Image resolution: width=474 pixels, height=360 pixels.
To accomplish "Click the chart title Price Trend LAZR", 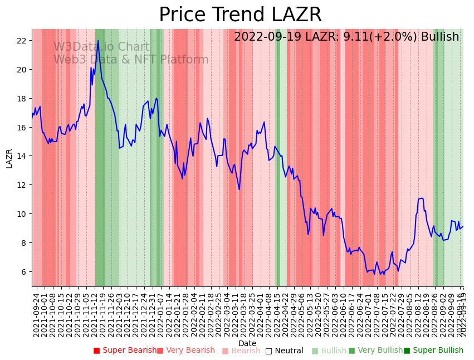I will click(x=240, y=15).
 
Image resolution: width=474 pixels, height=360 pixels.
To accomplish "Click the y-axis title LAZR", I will click(x=9, y=158).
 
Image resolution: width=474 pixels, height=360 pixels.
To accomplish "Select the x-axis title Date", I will click(x=247, y=343).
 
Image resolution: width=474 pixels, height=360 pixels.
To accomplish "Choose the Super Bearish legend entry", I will click(x=125, y=351).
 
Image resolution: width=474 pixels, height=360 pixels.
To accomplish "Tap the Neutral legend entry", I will click(x=285, y=351).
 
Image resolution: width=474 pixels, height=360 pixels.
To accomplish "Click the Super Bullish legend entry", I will click(x=434, y=351).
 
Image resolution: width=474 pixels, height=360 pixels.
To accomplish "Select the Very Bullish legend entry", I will click(x=375, y=351).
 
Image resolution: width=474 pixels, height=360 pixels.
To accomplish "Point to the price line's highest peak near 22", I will click(x=98, y=40).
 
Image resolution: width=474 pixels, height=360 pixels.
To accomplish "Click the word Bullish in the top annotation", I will click(x=440, y=37).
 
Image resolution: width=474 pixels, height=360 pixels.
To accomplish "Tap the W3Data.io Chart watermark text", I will click(x=101, y=47).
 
